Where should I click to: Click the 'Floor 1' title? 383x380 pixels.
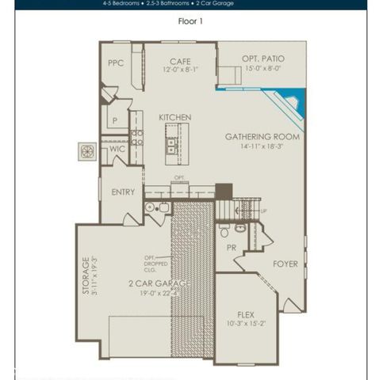pos(190,21)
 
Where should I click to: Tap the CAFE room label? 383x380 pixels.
pos(180,60)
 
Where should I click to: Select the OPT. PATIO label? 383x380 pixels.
pos(263,59)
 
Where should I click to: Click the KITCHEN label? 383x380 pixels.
pos(174,117)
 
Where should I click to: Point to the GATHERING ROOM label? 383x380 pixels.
pos(262,135)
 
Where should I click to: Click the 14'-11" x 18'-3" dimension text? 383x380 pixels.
pos(262,146)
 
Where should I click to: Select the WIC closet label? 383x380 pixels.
pos(117,148)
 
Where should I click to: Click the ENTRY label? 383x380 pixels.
pos(123,192)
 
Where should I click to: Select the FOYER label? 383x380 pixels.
pos(285,263)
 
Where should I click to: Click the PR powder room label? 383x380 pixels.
pos(232,248)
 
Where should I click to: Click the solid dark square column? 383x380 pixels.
pos(224,191)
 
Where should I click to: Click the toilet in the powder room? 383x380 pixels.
pos(225,231)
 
